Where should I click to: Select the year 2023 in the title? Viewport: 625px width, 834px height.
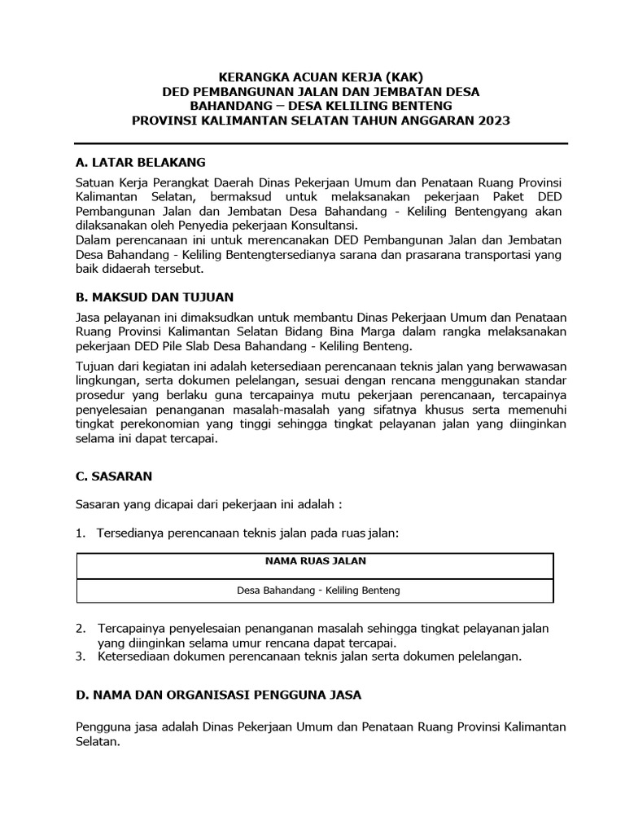[493, 121]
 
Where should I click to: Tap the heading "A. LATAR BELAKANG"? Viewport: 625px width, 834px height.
[141, 162]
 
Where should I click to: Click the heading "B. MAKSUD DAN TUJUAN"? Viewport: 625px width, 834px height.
[155, 296]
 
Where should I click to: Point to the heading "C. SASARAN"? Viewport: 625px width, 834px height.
[113, 475]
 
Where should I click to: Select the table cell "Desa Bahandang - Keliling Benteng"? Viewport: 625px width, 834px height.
[317, 590]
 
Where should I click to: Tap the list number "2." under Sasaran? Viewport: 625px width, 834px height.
[81, 629]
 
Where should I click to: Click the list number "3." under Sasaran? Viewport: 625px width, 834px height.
[81, 656]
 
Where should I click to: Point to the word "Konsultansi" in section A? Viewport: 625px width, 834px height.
[323, 226]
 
